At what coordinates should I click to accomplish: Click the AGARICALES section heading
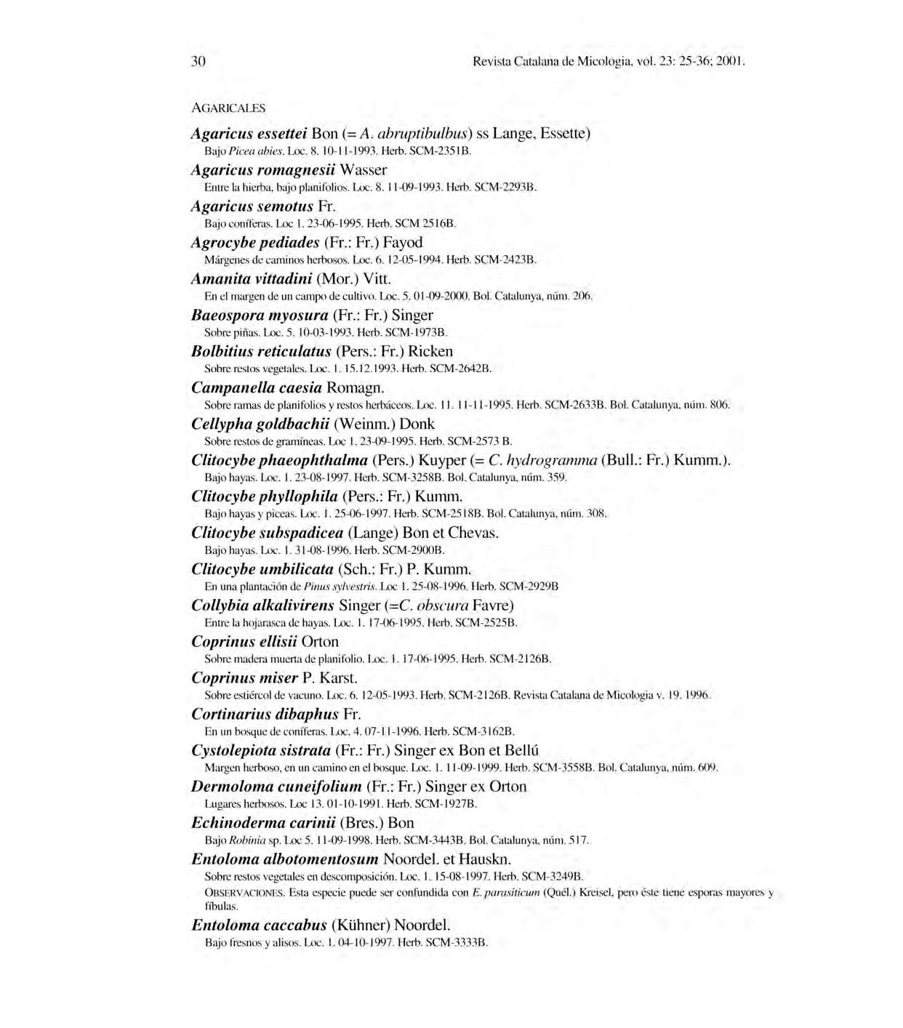(x=228, y=108)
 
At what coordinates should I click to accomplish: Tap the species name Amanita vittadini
(x=252, y=279)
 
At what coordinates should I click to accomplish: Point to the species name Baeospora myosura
(x=260, y=316)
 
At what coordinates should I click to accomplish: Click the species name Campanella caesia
(x=257, y=387)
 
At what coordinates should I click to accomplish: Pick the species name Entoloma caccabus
(x=259, y=925)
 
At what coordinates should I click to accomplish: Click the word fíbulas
(x=221, y=907)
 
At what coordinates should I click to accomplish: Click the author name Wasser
(x=363, y=170)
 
